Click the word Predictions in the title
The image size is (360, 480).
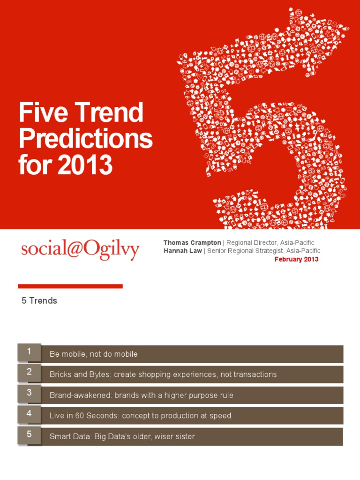(x=85, y=139)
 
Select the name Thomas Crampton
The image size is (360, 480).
(x=192, y=242)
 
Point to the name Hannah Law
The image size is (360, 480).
(x=182, y=251)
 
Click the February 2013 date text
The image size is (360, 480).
(x=296, y=259)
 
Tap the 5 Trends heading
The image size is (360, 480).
(x=39, y=301)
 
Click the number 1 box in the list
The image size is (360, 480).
(x=29, y=352)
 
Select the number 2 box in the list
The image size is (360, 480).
(x=29, y=372)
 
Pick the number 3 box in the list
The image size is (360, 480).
(x=29, y=393)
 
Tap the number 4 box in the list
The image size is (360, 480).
(x=29, y=413)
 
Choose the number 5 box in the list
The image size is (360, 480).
(x=29, y=434)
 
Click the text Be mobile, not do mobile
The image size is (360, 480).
(x=94, y=354)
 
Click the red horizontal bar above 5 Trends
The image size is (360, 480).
(x=70, y=286)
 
